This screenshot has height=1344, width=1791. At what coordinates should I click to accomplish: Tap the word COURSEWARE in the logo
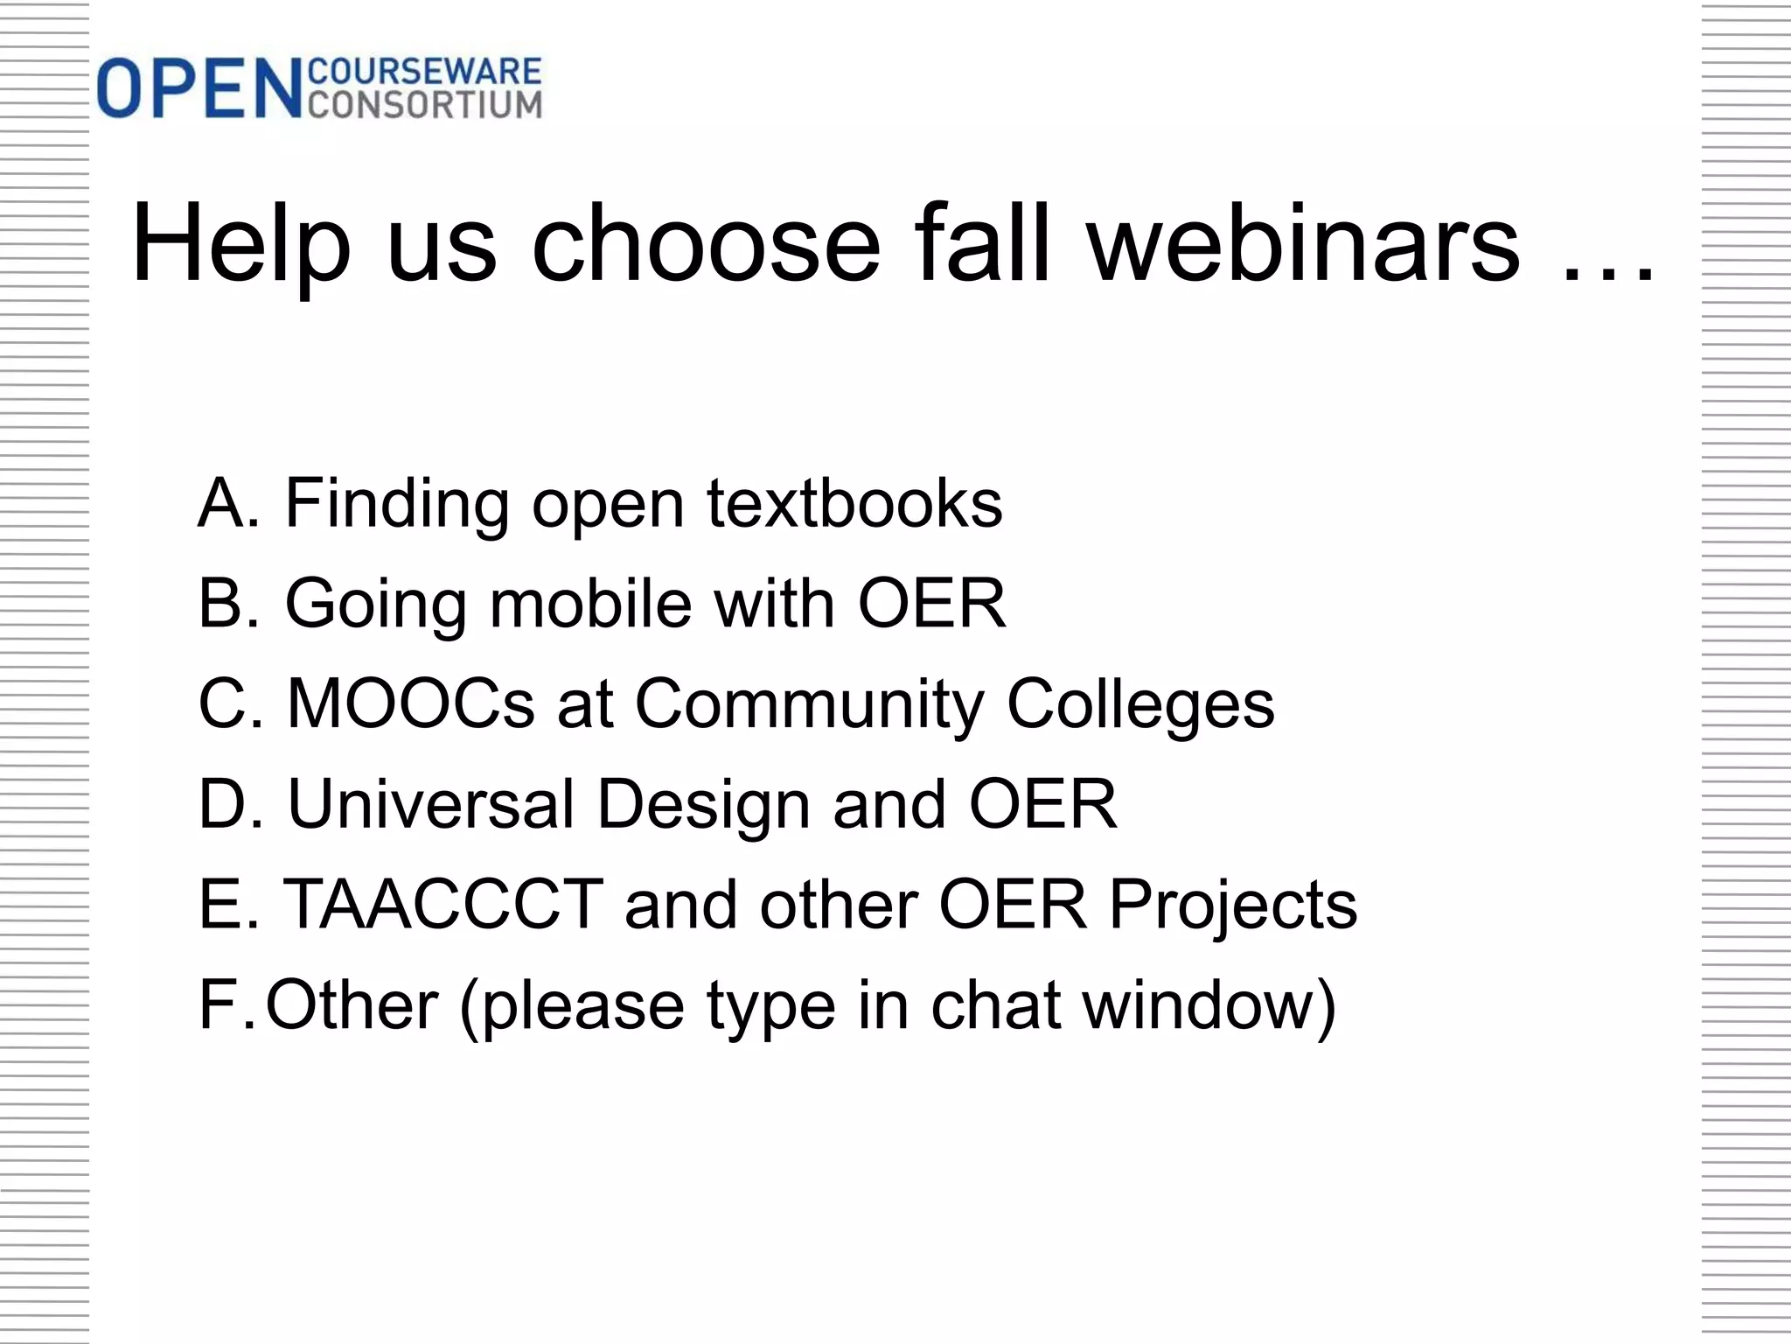(x=426, y=72)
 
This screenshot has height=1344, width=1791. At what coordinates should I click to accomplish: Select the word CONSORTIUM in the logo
(x=426, y=105)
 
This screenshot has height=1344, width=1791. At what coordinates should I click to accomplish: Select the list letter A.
(x=224, y=503)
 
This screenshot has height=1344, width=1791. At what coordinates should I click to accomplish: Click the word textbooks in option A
(x=854, y=503)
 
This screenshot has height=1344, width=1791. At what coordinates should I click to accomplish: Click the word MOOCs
(x=410, y=703)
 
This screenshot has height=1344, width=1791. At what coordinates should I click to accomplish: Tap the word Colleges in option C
(x=1140, y=705)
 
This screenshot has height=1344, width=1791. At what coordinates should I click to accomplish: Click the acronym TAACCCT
(x=443, y=904)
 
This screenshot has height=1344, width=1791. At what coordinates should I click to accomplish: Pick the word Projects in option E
(x=1233, y=906)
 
